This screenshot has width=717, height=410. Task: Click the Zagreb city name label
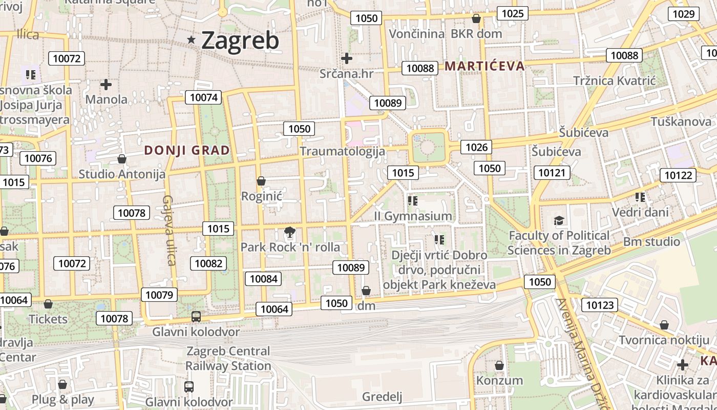pos(240,40)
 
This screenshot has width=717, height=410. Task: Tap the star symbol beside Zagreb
pos(192,39)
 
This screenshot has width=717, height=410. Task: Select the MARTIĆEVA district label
pos(484,66)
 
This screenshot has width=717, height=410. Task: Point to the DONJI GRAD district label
pos(187,150)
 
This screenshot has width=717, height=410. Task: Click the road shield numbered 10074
pos(203,97)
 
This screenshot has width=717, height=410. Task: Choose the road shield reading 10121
pos(552,173)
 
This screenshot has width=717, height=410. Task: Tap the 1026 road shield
pos(476,148)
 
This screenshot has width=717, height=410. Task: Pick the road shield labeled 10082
pos(208,263)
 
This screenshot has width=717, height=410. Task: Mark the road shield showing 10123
pos(599,305)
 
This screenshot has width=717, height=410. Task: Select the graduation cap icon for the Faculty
pos(559,221)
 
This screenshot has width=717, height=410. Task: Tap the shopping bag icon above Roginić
pos(261,181)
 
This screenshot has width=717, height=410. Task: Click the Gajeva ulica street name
pos(169,230)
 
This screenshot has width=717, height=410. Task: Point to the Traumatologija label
pos(342,151)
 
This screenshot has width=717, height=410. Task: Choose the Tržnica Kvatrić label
pos(615,80)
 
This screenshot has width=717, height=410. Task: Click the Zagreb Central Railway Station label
pos(228,359)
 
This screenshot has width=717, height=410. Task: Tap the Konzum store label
pos(499,380)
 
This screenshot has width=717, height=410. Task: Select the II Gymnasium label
pos(413,216)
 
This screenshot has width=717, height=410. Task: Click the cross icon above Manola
pos(106,84)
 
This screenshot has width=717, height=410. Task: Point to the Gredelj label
pos(382,397)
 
